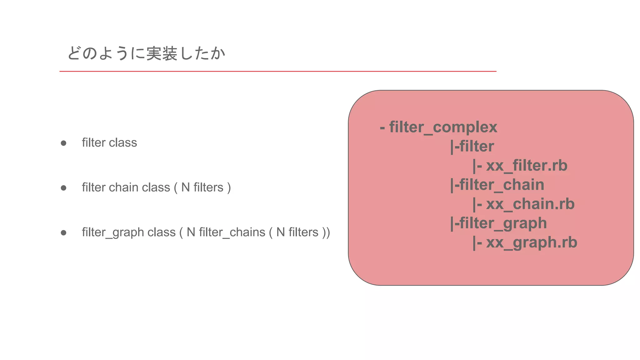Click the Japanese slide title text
point(146,53)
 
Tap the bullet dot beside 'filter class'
point(63,143)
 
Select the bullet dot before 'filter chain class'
point(63,188)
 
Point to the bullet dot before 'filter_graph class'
point(63,233)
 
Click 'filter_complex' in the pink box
point(443,127)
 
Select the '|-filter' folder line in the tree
point(472,147)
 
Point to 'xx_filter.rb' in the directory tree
point(527,166)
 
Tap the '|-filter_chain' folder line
point(497,185)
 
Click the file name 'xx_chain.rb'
point(530,204)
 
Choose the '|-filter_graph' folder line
point(498,223)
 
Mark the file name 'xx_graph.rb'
point(531,242)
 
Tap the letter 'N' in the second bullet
point(185,187)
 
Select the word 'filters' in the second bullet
point(208,187)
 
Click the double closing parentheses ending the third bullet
point(326,232)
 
